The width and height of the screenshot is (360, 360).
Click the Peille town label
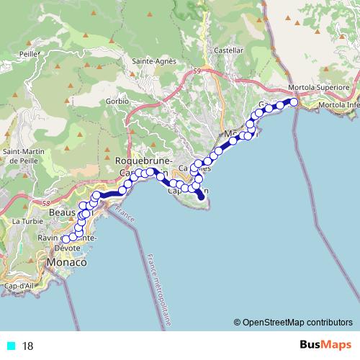(x=29, y=53)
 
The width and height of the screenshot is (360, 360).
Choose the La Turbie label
(x=24, y=221)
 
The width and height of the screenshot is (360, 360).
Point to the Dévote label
(x=67, y=248)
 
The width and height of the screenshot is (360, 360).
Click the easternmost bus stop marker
(x=294, y=102)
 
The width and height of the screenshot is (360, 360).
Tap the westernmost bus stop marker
(x=66, y=239)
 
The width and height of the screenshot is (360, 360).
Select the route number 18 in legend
(x=28, y=346)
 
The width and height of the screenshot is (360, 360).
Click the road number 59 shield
(x=196, y=70)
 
